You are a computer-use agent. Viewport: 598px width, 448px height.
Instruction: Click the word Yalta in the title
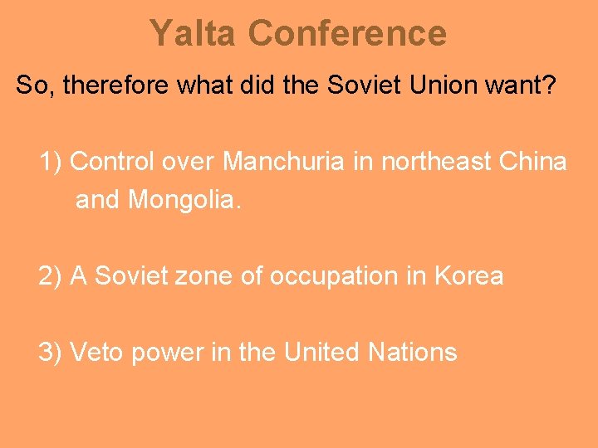click(x=194, y=34)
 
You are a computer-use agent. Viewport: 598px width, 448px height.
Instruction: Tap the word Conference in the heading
click(x=347, y=34)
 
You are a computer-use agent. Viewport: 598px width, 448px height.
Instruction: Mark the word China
click(x=534, y=161)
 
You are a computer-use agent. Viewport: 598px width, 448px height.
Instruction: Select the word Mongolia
click(x=184, y=200)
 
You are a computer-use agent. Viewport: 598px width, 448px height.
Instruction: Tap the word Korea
click(x=469, y=275)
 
